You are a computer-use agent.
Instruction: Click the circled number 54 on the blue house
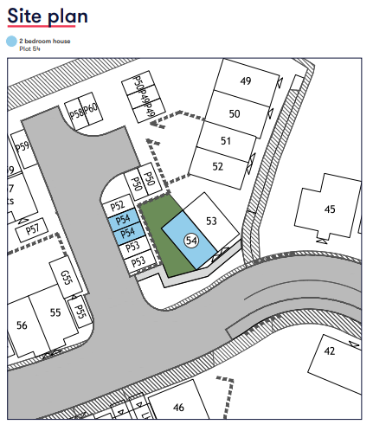[192, 239]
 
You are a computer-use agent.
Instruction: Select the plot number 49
[245, 81]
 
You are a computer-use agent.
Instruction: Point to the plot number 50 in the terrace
[234, 113]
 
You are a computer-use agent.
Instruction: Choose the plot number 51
[226, 140]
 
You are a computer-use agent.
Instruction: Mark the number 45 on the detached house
[330, 209]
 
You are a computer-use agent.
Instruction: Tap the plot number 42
[329, 351]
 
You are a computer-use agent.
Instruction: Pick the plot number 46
[178, 407]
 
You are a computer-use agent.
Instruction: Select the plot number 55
[55, 312]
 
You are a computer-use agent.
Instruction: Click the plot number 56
[22, 325]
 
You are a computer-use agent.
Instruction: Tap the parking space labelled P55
[80, 311]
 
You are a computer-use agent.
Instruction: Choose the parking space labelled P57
[32, 229]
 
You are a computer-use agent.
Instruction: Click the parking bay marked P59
[23, 146]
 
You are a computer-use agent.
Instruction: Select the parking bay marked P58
[77, 114]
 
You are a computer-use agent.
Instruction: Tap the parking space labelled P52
[119, 206]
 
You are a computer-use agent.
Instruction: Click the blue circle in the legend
[11, 40]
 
